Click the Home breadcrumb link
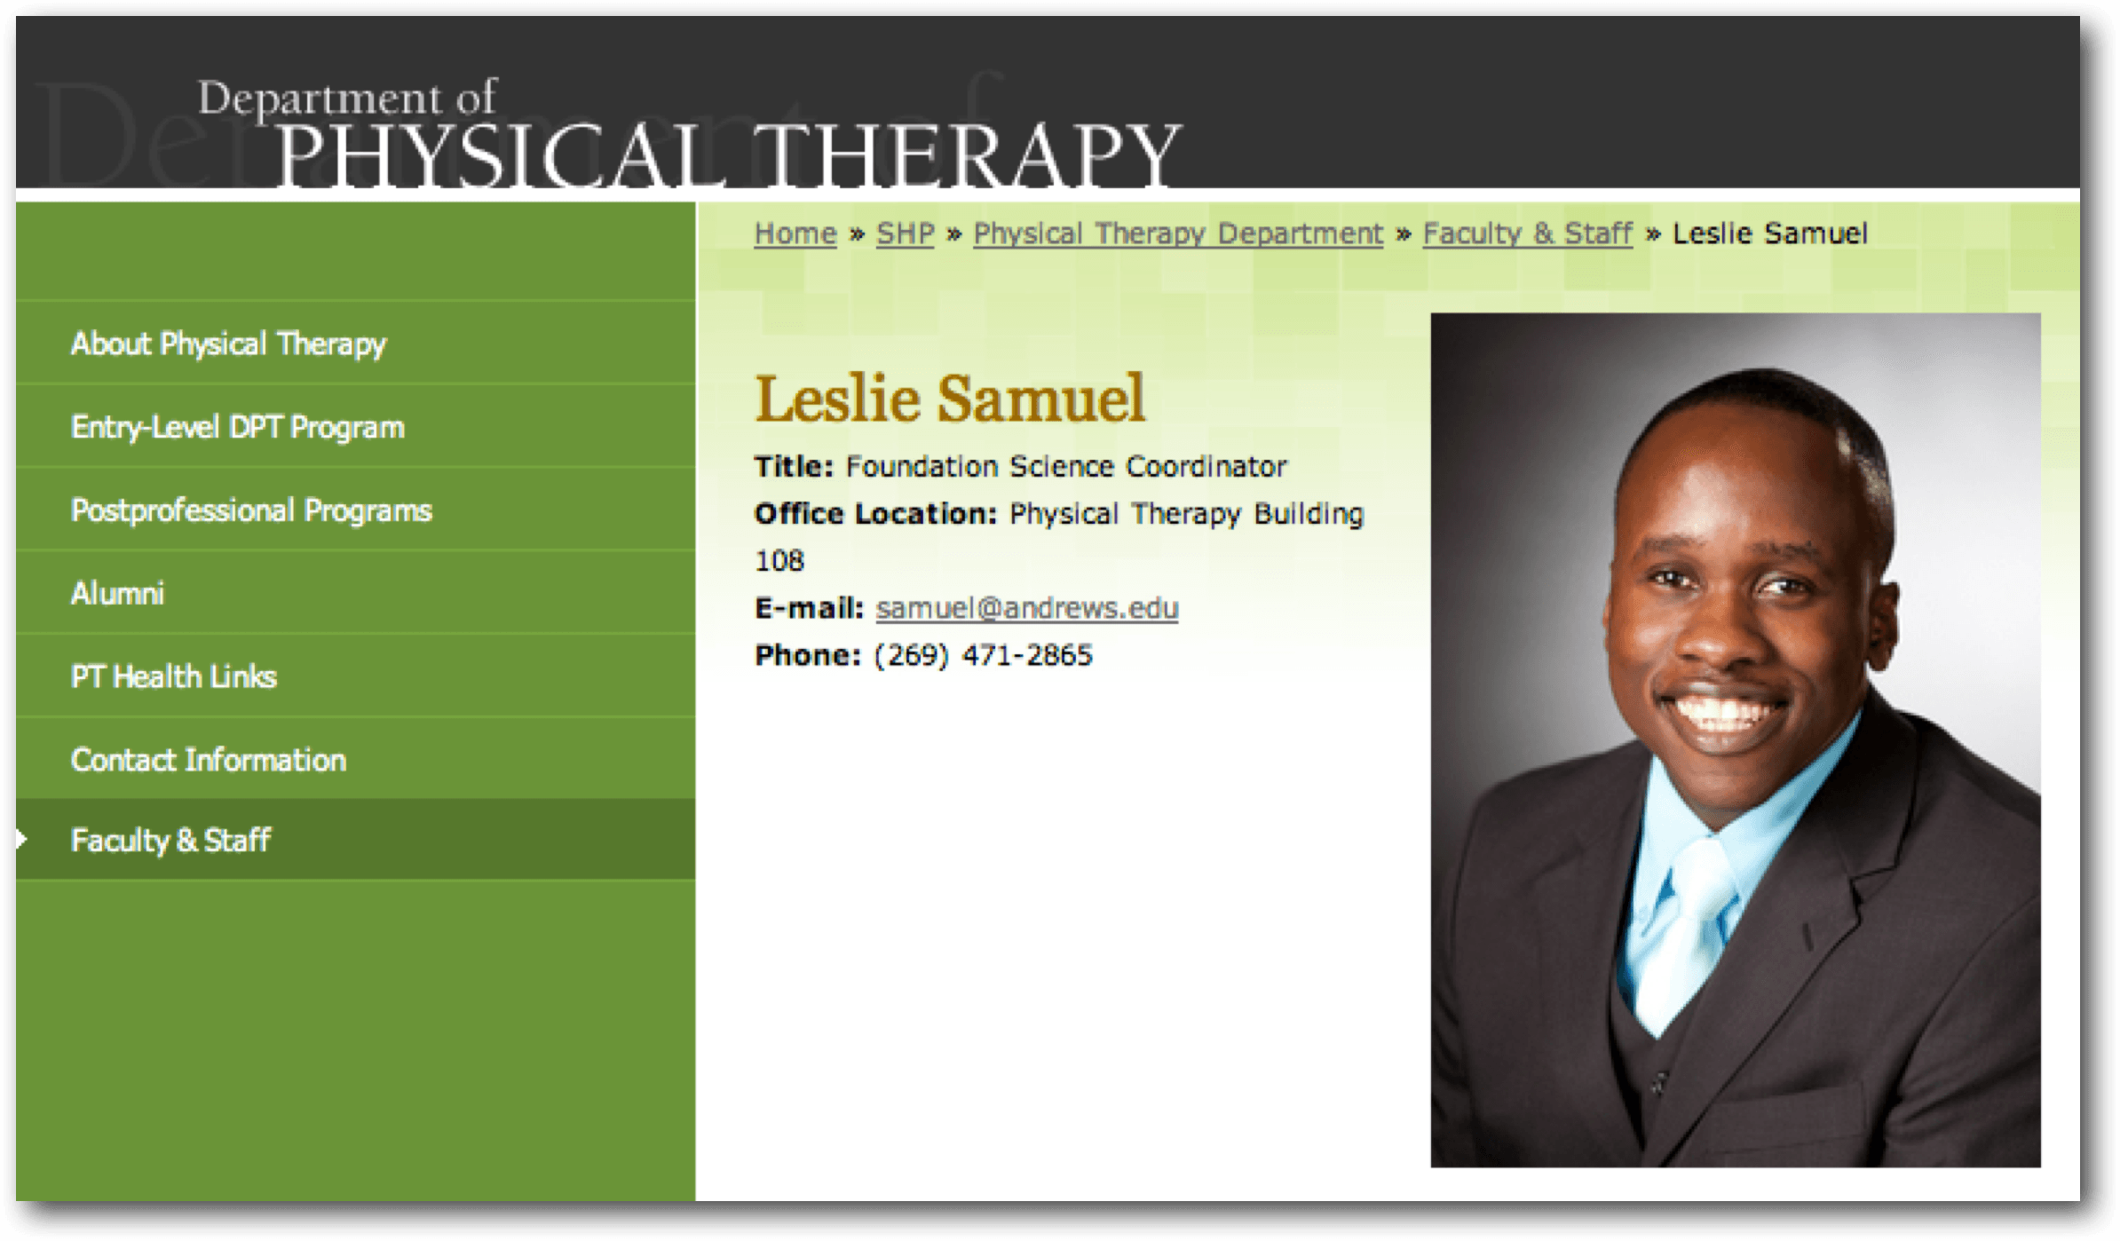coord(795,233)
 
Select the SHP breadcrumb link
coord(905,233)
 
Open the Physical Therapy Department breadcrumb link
coord(1178,234)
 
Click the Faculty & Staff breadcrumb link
coord(1528,234)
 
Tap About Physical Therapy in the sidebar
coord(228,344)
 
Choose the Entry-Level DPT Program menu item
coord(237,427)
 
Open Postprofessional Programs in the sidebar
coord(251,510)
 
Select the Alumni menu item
coord(117,593)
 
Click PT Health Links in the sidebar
coord(173,676)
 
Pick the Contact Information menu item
coord(208,760)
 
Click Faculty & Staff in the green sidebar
coord(170,840)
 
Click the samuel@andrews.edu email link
coord(1027,608)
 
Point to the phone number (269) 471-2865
coord(983,656)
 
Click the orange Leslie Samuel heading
coord(949,399)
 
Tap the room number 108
coord(779,561)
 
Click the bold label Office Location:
coord(875,514)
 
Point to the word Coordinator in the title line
coord(1206,466)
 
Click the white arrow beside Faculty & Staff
coord(22,839)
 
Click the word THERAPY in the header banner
coord(968,156)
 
